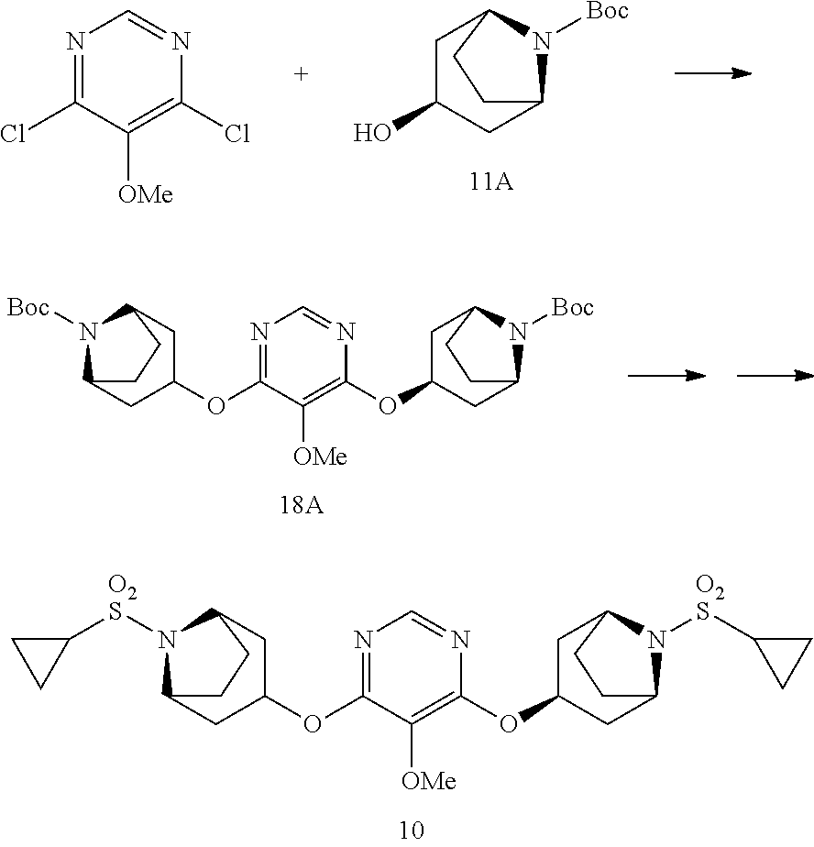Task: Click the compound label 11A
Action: (x=491, y=182)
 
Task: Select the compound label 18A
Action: (x=302, y=505)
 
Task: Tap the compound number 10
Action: (x=412, y=830)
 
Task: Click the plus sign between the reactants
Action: (x=301, y=73)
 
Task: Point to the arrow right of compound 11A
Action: (x=713, y=73)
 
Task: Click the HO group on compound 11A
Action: (x=372, y=132)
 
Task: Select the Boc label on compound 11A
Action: (x=608, y=11)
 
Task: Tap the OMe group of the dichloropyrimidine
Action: (x=146, y=194)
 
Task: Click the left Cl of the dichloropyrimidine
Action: (x=13, y=134)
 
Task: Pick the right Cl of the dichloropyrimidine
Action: (x=237, y=134)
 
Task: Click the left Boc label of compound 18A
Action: (x=28, y=307)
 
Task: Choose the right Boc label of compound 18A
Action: (x=573, y=307)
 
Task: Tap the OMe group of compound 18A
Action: (x=320, y=456)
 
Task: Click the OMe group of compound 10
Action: (x=429, y=781)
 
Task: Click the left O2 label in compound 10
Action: (x=122, y=588)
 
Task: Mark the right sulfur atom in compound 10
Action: (x=702, y=612)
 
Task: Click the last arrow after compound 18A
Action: (x=775, y=376)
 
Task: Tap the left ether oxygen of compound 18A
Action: (x=216, y=404)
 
